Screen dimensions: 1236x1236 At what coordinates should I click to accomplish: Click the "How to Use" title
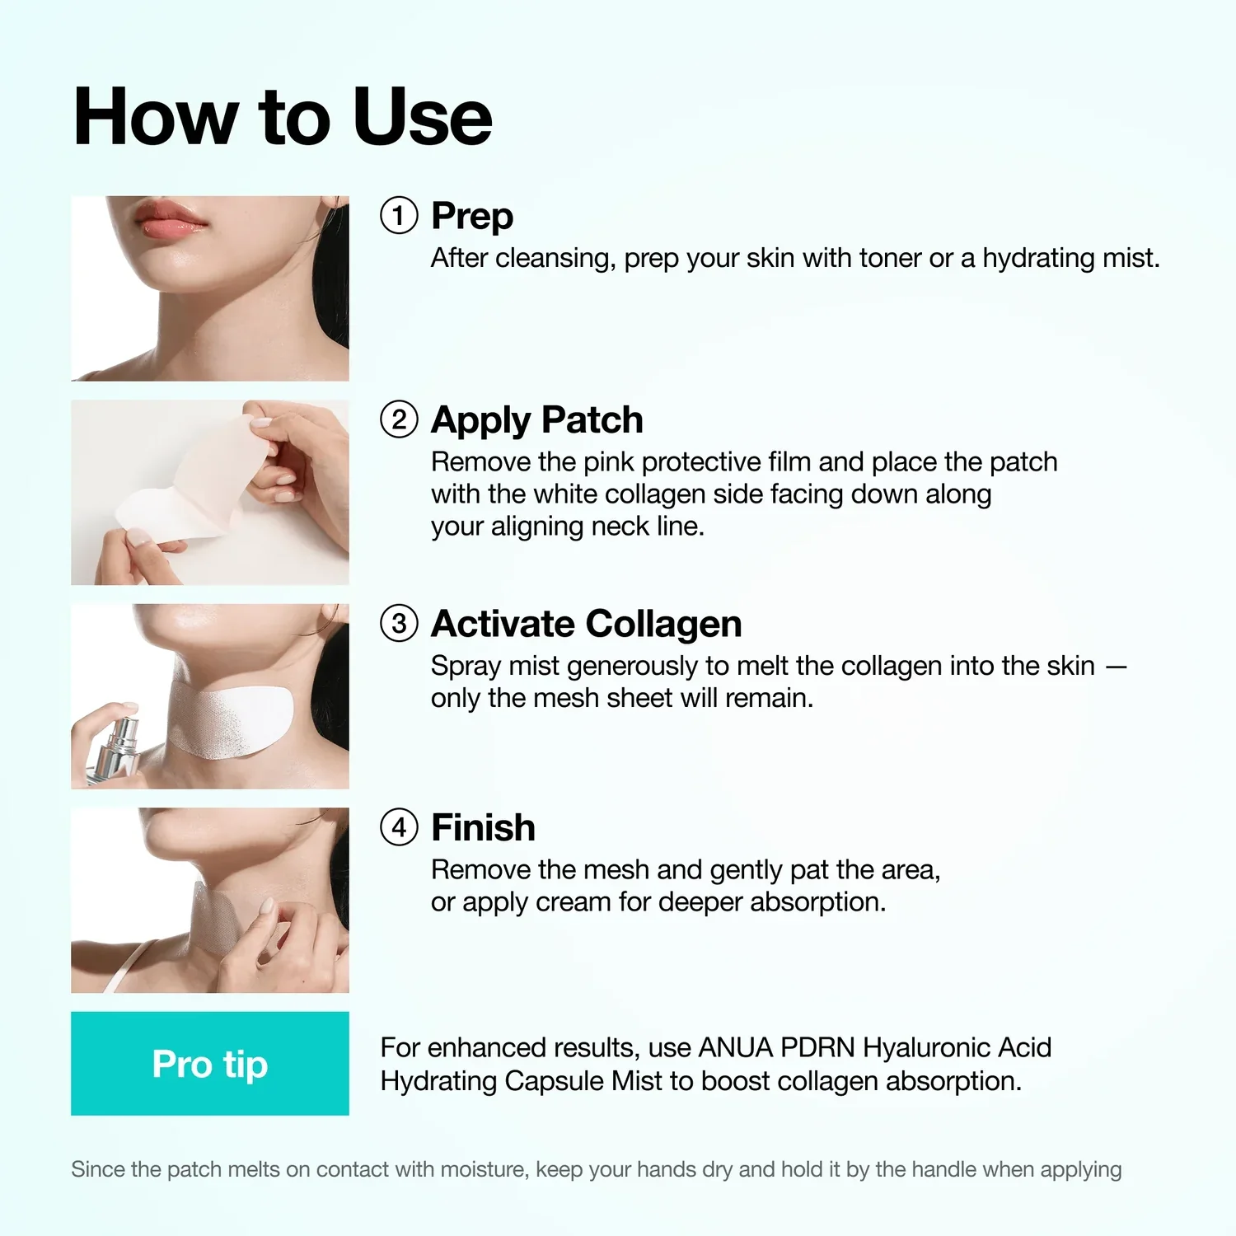point(283,117)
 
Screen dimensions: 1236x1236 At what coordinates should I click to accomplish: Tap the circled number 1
point(399,216)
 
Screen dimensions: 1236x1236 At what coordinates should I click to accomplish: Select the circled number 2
point(399,419)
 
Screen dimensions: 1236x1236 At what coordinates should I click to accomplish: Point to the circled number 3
point(399,624)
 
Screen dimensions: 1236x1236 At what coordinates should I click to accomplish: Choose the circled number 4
point(399,827)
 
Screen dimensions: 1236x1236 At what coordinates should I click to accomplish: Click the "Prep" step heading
point(472,217)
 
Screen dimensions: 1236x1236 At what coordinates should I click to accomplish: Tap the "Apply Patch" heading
point(537,420)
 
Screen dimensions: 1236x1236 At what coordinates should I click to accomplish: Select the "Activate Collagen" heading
point(587,624)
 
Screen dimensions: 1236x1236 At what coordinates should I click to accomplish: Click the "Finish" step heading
point(484,827)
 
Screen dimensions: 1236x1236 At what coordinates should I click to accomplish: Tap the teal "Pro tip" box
point(210,1064)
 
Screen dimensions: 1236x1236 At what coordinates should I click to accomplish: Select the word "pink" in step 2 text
point(609,462)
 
